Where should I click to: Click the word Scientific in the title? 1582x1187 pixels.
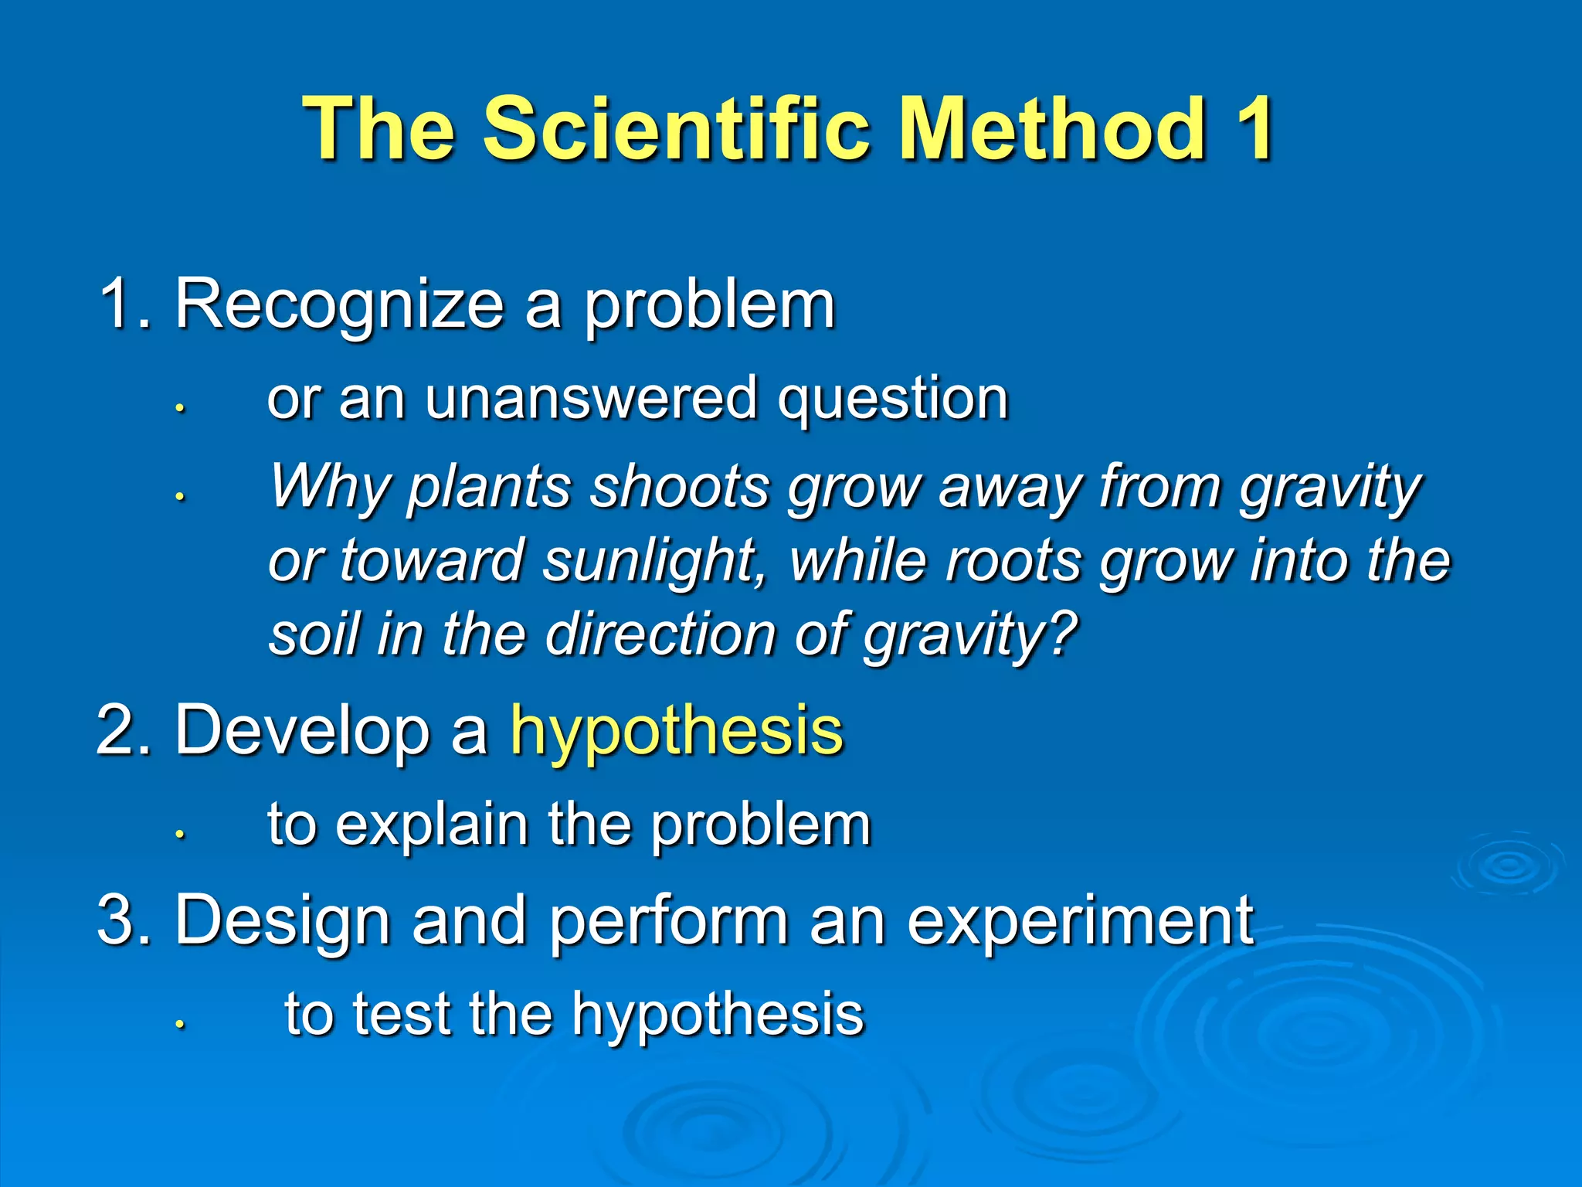click(x=684, y=129)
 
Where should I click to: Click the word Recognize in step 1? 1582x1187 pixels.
click(x=339, y=305)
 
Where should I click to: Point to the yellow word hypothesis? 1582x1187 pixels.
click(x=677, y=733)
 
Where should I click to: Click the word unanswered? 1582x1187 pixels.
click(x=590, y=400)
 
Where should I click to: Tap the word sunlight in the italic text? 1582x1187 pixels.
click(x=651, y=561)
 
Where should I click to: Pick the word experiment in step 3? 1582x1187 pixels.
click(x=1079, y=921)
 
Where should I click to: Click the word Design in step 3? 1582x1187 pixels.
click(x=282, y=921)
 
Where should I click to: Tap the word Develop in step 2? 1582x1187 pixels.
click(x=302, y=733)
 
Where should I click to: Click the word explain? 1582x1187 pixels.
click(x=433, y=826)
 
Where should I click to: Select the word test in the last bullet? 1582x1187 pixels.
click(x=402, y=1015)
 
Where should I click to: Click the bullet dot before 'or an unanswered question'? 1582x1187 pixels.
click(x=179, y=407)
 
